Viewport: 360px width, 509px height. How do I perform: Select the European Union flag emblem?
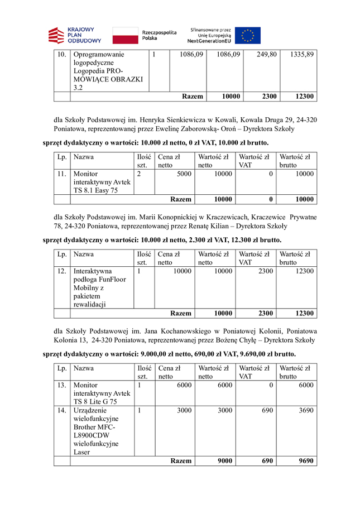click(x=247, y=35)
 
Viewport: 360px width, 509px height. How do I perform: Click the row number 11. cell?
click(x=61, y=174)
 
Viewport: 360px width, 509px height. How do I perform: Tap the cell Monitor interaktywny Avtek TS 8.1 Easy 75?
click(x=102, y=182)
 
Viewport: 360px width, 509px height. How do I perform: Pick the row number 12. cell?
click(x=61, y=271)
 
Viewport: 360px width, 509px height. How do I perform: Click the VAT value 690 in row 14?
click(x=266, y=410)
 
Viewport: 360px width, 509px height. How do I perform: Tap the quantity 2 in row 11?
click(x=138, y=174)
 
